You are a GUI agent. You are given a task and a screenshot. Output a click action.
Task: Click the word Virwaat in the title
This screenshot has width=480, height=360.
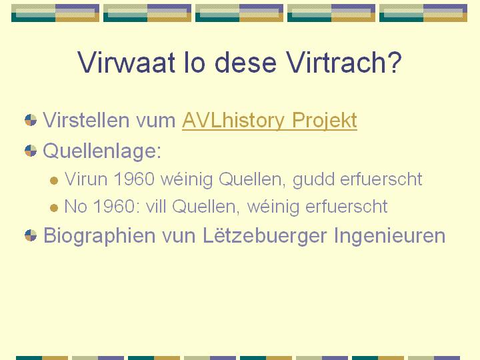coord(126,62)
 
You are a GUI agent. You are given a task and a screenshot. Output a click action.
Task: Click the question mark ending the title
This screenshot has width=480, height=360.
coord(393,62)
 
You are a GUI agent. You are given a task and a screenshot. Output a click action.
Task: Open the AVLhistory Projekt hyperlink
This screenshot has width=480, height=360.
coord(269,120)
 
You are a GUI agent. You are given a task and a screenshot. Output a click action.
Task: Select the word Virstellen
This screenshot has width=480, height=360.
coord(86,120)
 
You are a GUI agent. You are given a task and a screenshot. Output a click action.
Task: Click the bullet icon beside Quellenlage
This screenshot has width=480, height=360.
coord(31,151)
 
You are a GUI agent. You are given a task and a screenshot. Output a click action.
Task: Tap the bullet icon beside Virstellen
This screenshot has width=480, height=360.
coord(31,120)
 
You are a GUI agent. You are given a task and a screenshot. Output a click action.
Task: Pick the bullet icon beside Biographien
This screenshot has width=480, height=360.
coord(31,235)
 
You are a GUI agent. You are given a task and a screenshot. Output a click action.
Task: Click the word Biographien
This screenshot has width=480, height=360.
coord(99,236)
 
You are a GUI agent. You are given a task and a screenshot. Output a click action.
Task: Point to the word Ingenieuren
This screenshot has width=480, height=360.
coord(389,236)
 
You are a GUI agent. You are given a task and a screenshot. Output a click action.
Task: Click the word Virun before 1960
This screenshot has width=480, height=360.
coord(86,179)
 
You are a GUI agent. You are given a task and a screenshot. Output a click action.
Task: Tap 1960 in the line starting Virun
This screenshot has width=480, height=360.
coord(134,179)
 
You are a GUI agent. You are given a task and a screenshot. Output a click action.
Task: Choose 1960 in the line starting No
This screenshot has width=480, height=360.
coord(114,206)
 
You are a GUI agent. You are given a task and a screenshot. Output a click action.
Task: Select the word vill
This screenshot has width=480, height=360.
coord(155,206)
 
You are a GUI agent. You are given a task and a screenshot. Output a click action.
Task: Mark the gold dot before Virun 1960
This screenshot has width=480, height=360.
coord(54,181)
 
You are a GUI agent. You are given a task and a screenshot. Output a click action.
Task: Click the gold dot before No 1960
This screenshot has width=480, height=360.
coord(54,208)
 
